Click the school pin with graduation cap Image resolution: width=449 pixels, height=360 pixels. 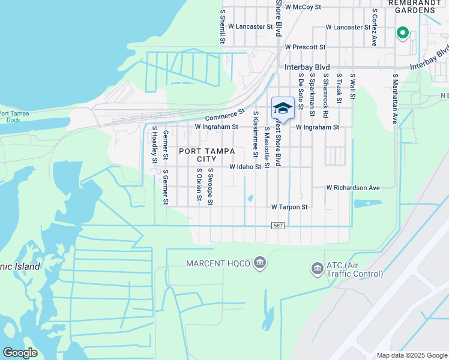(x=283, y=109)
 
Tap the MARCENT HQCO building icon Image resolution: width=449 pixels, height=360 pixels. (x=260, y=263)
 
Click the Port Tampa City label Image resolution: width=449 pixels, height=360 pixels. (x=206, y=155)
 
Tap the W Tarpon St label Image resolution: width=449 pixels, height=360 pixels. (x=289, y=206)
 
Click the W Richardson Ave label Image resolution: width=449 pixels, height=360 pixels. (x=353, y=188)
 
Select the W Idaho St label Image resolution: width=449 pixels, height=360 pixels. (x=246, y=167)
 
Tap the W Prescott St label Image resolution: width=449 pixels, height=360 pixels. (x=305, y=47)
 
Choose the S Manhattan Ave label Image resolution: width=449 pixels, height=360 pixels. (x=395, y=99)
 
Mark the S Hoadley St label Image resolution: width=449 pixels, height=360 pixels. (x=154, y=145)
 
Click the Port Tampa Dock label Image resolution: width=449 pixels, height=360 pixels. (x=14, y=116)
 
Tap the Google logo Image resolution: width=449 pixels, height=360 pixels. (x=20, y=353)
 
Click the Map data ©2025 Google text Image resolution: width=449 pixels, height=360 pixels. (x=411, y=355)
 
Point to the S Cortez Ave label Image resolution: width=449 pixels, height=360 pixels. (x=374, y=28)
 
